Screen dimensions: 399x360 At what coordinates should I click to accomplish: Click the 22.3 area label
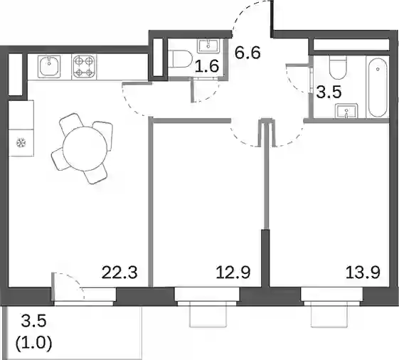(119, 272)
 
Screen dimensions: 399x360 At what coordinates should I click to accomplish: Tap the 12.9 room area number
(233, 272)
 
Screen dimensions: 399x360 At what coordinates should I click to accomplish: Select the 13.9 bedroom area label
(363, 272)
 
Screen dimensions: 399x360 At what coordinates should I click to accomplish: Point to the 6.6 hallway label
(248, 53)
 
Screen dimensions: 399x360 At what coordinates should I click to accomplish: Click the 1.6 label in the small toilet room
(207, 65)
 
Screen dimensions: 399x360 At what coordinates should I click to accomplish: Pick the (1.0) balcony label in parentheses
(34, 343)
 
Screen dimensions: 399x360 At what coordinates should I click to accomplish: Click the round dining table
(85, 149)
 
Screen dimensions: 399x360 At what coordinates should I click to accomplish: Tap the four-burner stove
(84, 66)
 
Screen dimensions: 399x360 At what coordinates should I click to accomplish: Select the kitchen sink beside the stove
(49, 66)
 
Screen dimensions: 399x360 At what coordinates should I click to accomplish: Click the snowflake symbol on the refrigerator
(21, 143)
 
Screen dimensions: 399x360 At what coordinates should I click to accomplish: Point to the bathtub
(378, 87)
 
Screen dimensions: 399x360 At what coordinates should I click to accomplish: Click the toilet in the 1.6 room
(181, 59)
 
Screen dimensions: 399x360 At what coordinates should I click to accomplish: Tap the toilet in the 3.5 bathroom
(338, 67)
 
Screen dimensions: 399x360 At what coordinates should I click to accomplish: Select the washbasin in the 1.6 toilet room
(208, 46)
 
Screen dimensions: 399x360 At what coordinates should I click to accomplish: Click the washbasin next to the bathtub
(346, 111)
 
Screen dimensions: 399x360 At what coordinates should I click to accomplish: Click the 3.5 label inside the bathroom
(329, 92)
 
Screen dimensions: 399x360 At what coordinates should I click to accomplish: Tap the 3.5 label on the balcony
(34, 321)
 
